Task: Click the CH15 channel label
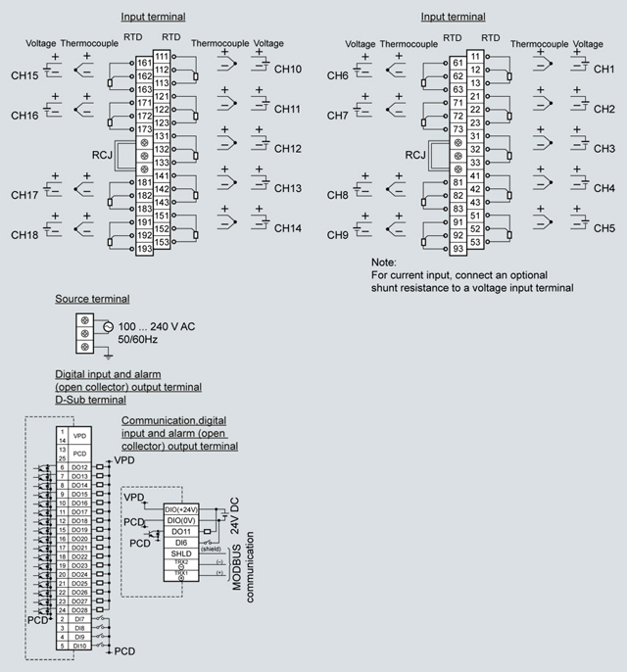[24, 75]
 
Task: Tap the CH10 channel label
[288, 69]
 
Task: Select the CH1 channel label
[603, 70]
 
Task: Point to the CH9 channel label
[338, 235]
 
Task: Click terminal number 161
[145, 63]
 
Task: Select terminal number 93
[458, 249]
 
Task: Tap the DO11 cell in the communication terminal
[180, 531]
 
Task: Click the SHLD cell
[180, 553]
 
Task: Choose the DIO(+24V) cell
[180, 508]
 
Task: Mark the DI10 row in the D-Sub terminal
[79, 646]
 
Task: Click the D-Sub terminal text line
[90, 400]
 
